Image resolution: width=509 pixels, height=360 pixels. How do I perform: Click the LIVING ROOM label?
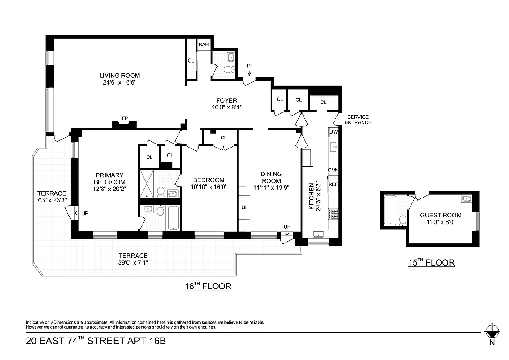point(120,76)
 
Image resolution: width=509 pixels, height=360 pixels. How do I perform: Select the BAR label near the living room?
point(204,45)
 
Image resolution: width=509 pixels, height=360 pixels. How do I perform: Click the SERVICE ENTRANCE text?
point(358,120)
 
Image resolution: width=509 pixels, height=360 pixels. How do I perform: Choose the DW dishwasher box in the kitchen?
point(333,132)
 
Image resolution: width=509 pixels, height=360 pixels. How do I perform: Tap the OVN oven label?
point(333,170)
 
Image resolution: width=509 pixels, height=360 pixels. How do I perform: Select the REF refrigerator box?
point(333,184)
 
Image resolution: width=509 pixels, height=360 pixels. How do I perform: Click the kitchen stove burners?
point(333,214)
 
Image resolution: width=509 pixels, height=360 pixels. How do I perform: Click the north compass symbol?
point(493,331)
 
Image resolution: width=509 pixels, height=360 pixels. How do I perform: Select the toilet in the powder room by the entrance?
point(229,70)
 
